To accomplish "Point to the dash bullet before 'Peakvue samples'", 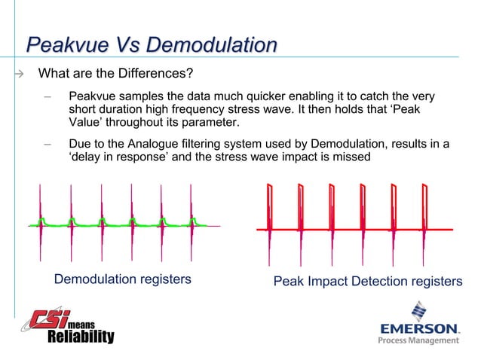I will click(47, 97).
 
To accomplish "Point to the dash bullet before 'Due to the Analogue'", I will click(47, 143).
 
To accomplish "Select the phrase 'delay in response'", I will click(118, 157).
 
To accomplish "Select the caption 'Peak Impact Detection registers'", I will click(367, 281).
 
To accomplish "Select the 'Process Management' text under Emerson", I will click(418, 340).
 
